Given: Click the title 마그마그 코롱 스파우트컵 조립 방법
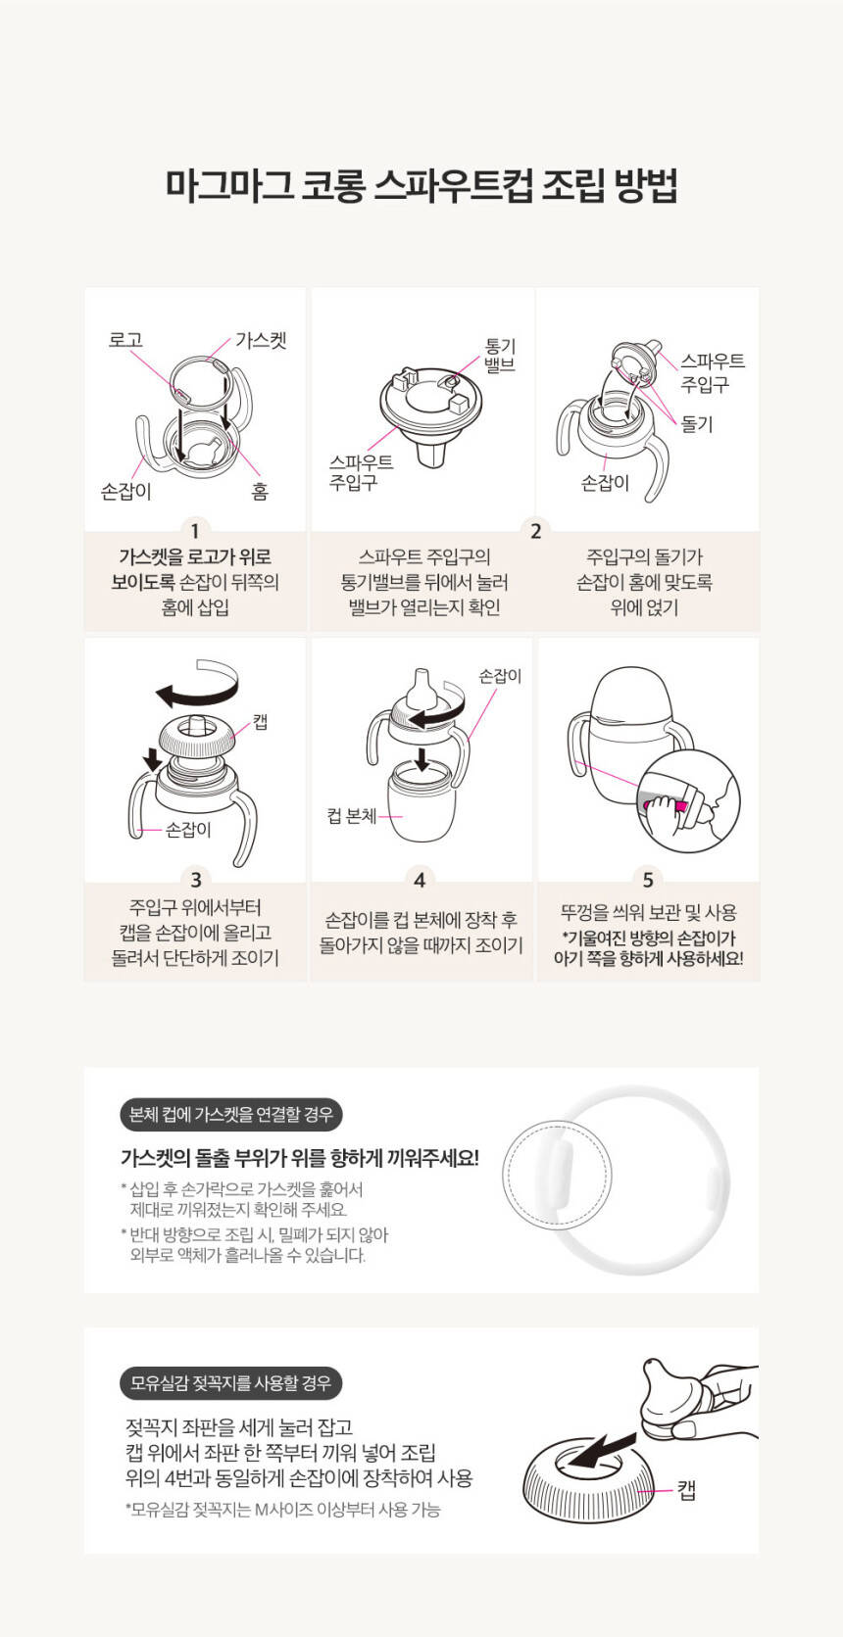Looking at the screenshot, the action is pyautogui.click(x=421, y=185).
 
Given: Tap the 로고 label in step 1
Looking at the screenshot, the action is pyautogui.click(x=125, y=341).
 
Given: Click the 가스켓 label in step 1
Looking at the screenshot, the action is pyautogui.click(x=261, y=341).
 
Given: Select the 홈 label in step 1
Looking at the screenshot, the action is pyautogui.click(x=260, y=491).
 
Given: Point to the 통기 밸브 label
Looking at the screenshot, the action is pyautogui.click(x=500, y=356).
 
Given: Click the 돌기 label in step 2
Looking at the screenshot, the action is pyautogui.click(x=697, y=424).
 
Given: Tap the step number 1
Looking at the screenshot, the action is pyautogui.click(x=194, y=531).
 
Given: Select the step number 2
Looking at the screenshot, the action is pyautogui.click(x=536, y=531).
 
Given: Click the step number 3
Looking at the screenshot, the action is pyautogui.click(x=195, y=879).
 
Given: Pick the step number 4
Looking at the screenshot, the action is pyautogui.click(x=420, y=880).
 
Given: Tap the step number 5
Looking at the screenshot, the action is pyautogui.click(x=648, y=880).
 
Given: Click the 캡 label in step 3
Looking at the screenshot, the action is pyautogui.click(x=261, y=722).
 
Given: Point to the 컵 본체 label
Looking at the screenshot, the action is pyautogui.click(x=352, y=816).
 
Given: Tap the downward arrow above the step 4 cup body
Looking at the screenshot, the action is pyautogui.click(x=421, y=760).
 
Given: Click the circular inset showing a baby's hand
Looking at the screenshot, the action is pyautogui.click(x=689, y=801).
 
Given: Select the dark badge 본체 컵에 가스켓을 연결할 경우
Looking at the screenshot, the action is pyautogui.click(x=231, y=1115).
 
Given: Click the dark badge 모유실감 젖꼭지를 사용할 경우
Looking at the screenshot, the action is pyautogui.click(x=231, y=1382).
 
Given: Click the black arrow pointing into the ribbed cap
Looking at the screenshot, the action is pyautogui.click(x=601, y=1452).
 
